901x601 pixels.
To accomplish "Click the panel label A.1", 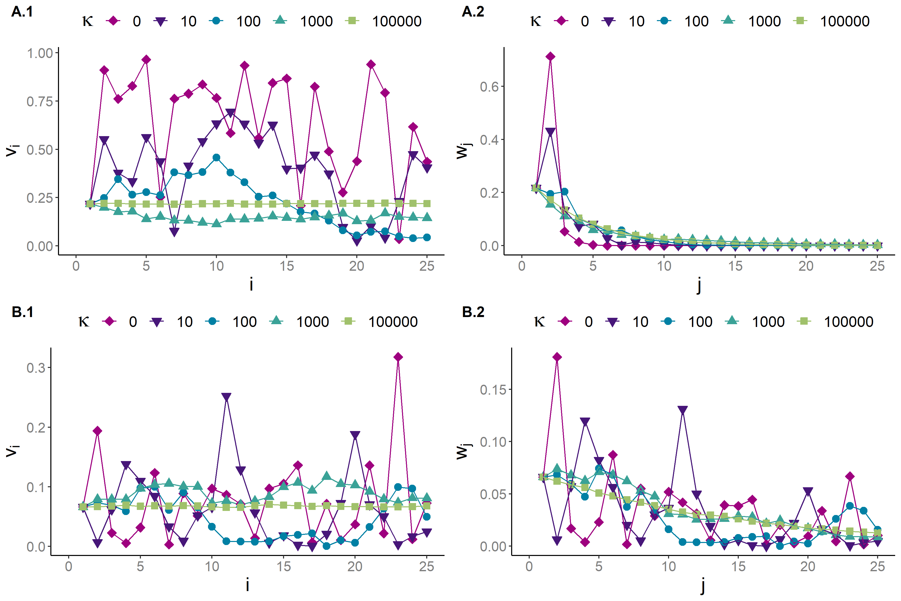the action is (22, 12).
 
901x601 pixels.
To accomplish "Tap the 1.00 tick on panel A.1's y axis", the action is (40, 53).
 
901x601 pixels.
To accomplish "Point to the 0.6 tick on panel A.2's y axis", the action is (489, 87).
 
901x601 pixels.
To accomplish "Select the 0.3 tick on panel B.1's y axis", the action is (36, 368).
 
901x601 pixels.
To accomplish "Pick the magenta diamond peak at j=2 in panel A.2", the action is (550, 57).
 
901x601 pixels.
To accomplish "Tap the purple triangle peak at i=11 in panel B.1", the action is (226, 397).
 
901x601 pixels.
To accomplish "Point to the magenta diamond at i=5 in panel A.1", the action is (146, 60).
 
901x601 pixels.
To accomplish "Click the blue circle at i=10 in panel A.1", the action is (216, 158).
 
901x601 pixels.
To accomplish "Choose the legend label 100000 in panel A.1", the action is (397, 21).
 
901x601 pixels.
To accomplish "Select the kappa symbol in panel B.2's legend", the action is (539, 322).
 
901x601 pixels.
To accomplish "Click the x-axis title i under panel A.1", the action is (251, 285).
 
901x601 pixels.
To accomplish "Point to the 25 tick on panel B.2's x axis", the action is (877, 566).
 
